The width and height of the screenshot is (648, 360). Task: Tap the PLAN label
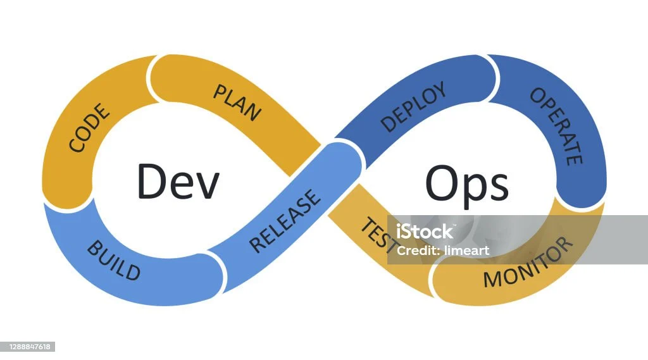point(237,102)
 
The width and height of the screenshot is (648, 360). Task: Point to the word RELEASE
point(285,221)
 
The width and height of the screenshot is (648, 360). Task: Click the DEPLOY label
point(414,107)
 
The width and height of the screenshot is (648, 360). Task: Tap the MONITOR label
point(528,263)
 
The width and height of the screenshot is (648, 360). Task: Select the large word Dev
point(178,182)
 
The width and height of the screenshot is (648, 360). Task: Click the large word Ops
point(466,184)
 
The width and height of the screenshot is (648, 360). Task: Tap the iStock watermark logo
point(425,231)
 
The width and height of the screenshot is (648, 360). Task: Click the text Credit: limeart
point(442,251)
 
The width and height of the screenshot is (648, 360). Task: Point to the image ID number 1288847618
point(27,347)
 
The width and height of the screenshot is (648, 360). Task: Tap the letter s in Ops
point(499,187)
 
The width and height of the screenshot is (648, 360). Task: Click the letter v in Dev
point(208,187)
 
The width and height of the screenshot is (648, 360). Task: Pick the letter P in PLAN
point(220,91)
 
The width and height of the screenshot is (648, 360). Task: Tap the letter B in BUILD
point(95,248)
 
